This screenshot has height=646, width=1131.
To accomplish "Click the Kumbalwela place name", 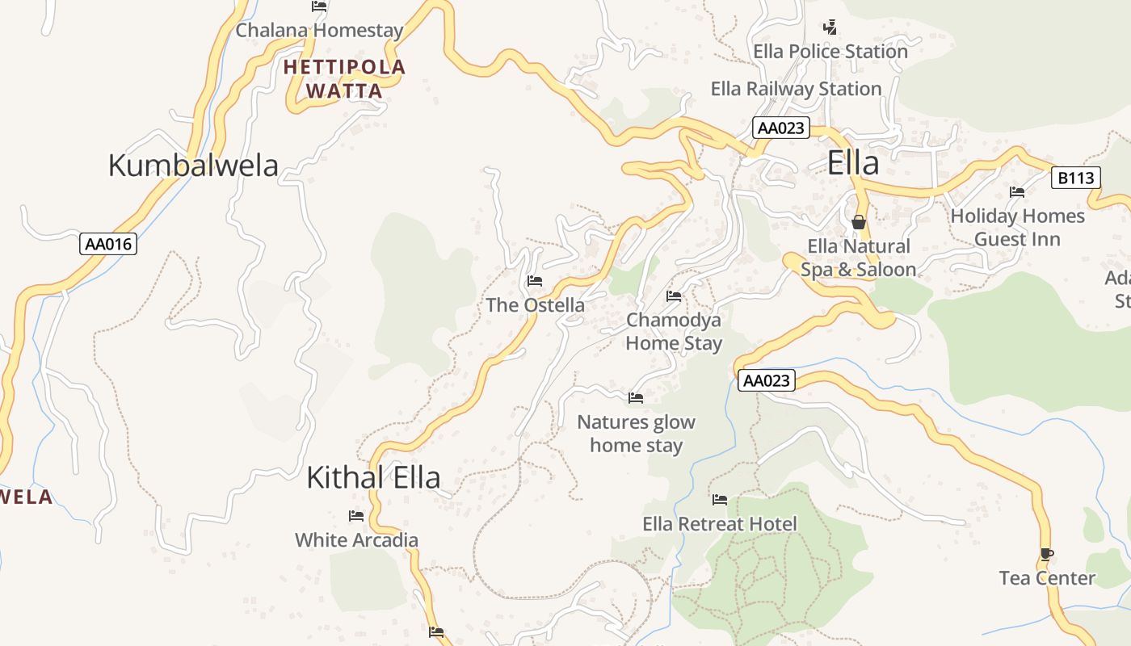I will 193,166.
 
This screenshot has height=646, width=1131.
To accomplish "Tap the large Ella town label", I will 853,163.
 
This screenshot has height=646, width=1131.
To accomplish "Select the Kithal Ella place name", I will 373,478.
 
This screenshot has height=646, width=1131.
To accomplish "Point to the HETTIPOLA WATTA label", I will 344,78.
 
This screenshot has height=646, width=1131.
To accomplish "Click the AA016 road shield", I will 108,244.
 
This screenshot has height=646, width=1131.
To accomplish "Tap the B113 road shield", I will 1075,178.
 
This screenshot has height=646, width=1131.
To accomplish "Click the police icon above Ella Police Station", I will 830,27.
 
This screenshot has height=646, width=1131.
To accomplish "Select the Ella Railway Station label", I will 796,89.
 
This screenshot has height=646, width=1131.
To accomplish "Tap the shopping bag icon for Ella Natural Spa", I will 858,222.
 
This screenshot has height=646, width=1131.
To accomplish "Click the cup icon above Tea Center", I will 1047,554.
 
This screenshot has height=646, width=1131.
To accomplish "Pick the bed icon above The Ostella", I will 534,281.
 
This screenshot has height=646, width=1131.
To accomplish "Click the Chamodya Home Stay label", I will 674,332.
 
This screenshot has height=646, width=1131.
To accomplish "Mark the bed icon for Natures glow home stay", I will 636,398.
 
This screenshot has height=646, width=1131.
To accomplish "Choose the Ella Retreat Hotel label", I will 719,524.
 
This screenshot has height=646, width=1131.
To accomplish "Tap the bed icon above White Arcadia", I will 355,516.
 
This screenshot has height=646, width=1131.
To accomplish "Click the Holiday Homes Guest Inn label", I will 1017,228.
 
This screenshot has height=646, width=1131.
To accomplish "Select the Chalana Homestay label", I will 319,31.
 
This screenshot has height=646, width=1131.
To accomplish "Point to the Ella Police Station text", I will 830,52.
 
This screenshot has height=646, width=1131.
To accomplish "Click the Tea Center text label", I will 1047,578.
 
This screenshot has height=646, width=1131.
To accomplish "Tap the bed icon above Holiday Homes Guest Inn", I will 1017,192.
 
